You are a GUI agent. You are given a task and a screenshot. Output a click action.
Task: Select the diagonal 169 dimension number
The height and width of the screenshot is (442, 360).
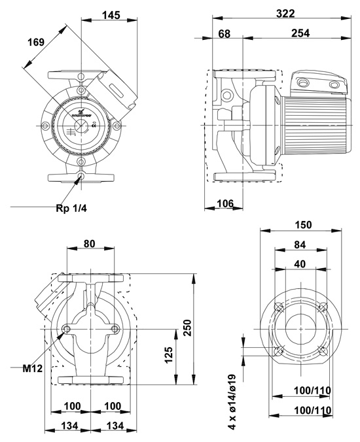coord(36,42)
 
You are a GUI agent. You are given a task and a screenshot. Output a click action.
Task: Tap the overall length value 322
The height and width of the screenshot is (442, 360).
coord(285,14)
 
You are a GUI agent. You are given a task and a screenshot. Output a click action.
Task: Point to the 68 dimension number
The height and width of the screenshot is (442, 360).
coord(224,33)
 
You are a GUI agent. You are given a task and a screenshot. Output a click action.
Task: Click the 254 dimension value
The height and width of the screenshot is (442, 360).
coord(300,33)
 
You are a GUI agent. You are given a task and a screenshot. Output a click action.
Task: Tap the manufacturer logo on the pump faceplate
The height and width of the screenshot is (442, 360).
coord(83,112)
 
